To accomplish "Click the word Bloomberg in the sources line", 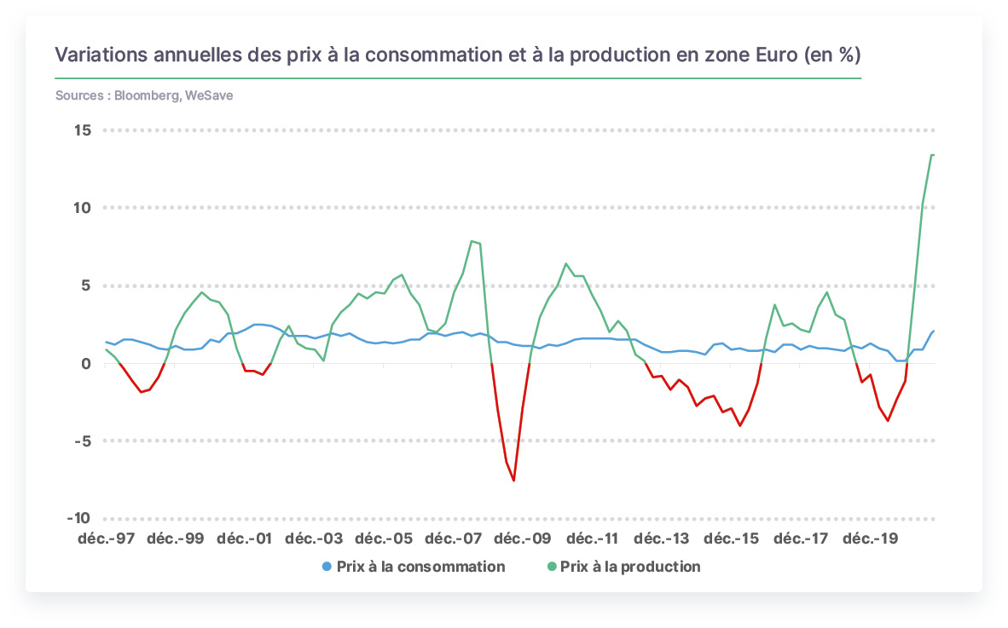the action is point(148,95).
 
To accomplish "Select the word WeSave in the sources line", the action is point(209,95).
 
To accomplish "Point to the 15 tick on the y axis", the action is point(83,130).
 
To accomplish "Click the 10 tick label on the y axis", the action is point(82,208).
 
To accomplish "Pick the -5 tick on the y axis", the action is point(82,441).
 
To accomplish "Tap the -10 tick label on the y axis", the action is point(78,518).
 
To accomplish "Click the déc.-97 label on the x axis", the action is point(107,539).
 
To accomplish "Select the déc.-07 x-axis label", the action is point(453,539).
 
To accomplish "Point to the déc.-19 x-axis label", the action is point(871,539).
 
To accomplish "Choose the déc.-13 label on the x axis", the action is point(662,539).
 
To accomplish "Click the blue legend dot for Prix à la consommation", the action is point(327,567).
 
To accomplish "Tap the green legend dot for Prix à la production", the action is point(551,567).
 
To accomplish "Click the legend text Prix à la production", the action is point(630,567).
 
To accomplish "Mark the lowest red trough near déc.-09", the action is point(513,481).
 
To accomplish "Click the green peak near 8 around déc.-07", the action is point(472,241).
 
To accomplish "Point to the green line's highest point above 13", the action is point(932,155).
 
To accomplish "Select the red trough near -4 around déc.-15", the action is point(740,426).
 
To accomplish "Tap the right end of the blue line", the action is point(934,331).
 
